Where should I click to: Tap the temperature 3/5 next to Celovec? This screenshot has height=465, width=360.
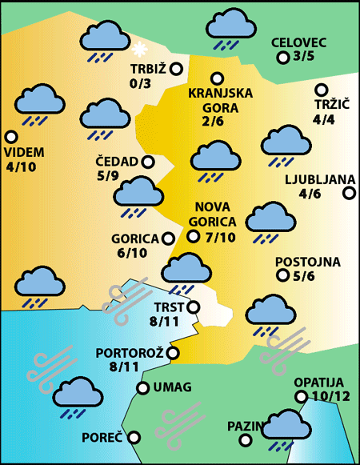pos(305,57)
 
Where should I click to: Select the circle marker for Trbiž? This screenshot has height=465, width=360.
pos(175,69)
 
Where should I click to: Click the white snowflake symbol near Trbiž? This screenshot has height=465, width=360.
pos(143,48)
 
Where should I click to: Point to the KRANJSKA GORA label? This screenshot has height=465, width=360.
pos(220,100)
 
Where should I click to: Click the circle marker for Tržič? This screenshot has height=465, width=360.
pos(322,90)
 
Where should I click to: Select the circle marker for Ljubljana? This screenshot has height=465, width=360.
pos(349,193)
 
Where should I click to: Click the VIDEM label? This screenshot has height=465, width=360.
pos(24,153)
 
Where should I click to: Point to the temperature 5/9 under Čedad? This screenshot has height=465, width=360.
pos(107,176)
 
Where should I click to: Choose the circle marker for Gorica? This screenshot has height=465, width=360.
pos(168,238)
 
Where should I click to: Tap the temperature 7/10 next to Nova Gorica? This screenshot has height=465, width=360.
pos(219,237)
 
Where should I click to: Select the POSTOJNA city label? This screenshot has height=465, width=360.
pos(307,262)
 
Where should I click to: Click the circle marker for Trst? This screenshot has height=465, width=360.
pos(192,306)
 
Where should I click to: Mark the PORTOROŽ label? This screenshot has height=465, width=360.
pos(129,353)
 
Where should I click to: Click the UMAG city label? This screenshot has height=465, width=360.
pos(171,388)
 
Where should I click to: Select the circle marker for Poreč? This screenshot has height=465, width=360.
pos(134,437)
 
